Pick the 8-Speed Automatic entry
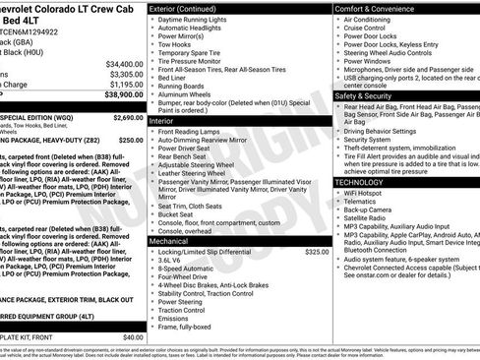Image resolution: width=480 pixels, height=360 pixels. [187, 268]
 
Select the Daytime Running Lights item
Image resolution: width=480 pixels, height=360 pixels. [196, 20]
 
